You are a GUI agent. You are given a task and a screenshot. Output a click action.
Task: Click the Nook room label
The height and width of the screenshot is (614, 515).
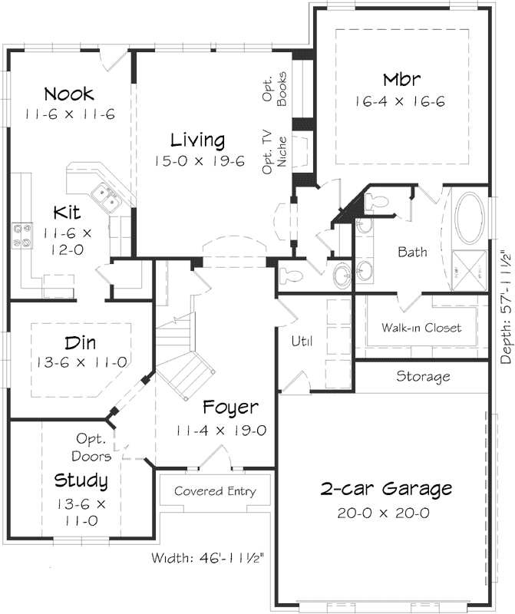[69, 94]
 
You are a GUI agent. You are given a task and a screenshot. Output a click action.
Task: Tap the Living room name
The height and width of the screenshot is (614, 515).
[197, 140]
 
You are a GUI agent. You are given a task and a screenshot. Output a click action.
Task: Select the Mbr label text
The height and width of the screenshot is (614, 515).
[402, 80]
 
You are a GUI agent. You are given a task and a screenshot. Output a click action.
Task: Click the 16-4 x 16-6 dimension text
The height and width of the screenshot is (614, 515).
[400, 101]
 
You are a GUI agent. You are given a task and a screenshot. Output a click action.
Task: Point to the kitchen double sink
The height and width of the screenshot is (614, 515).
[106, 197]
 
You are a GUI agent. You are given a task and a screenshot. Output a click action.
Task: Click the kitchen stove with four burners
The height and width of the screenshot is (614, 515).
[21, 235]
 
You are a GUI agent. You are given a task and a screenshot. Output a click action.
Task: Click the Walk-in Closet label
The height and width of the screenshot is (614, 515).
[421, 328]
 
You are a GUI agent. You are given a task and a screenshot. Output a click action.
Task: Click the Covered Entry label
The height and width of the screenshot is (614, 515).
[215, 491]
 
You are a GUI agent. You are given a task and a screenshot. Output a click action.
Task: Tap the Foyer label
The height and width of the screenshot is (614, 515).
[230, 408]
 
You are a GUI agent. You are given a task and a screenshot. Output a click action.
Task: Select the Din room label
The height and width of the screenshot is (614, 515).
[81, 342]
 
